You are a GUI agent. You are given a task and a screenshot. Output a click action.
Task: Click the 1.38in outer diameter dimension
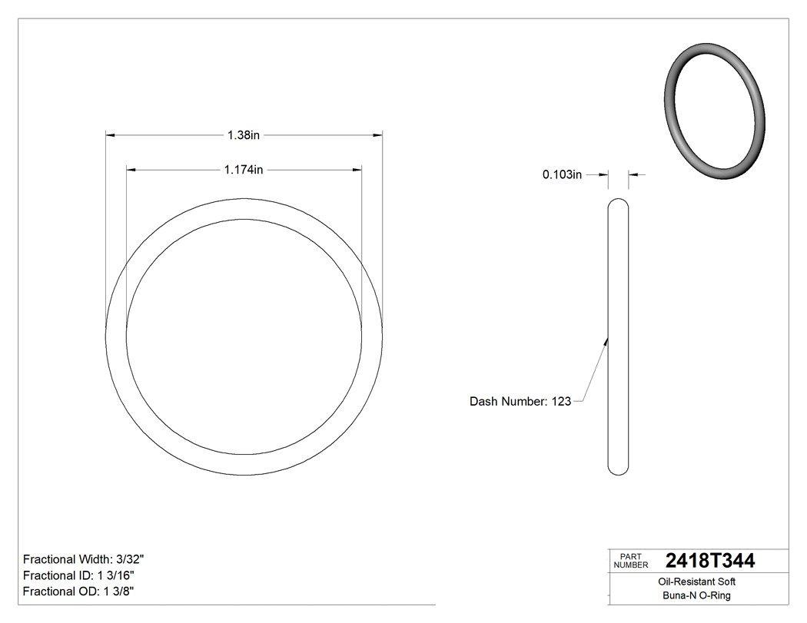click(x=244, y=135)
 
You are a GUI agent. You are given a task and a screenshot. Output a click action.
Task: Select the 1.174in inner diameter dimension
click(x=244, y=170)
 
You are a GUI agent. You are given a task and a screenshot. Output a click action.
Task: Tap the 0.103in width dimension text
click(x=562, y=175)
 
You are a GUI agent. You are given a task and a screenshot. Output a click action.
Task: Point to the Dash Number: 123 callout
click(x=520, y=401)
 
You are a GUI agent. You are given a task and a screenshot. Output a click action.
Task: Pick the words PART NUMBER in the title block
click(x=631, y=561)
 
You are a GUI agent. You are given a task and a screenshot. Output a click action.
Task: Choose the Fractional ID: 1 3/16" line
click(x=81, y=575)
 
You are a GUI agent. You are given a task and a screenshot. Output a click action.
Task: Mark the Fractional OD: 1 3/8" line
click(x=80, y=592)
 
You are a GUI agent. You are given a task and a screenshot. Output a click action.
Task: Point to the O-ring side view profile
click(x=618, y=338)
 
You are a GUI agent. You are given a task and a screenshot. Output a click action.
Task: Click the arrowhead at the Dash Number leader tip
click(x=606, y=340)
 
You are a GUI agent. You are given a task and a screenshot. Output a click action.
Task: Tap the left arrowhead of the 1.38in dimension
click(x=110, y=135)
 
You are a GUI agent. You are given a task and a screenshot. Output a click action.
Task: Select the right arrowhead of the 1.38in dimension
click(x=378, y=135)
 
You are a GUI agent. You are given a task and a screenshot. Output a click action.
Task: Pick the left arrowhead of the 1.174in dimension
click(x=131, y=170)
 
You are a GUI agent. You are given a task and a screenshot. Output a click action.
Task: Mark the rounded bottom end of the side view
click(x=618, y=470)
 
